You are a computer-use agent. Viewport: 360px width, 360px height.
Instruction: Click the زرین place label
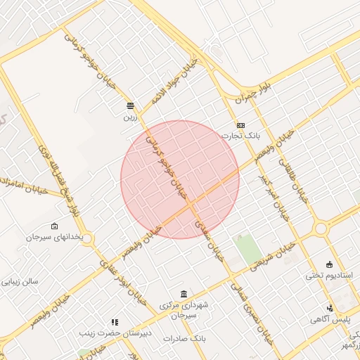[x=129, y=117]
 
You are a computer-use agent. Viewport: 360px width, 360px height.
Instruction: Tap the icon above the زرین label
[x=130, y=105]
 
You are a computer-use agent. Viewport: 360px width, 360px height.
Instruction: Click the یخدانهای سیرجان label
[x=56, y=237]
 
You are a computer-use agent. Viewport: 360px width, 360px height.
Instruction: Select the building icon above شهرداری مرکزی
[x=184, y=294]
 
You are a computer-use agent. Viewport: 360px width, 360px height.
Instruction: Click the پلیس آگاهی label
[x=330, y=319]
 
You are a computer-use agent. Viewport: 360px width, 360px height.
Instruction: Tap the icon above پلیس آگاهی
[x=330, y=308]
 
